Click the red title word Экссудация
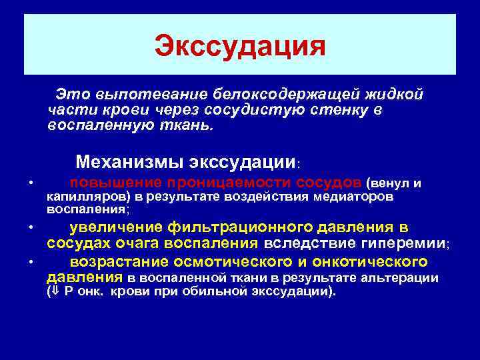[240, 47]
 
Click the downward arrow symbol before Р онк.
[57, 292]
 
